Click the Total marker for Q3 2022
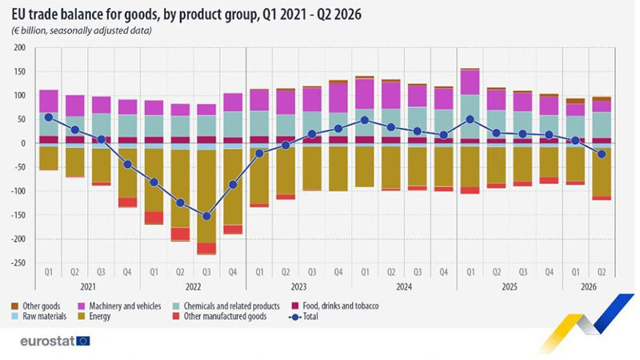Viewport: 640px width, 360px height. coord(206,216)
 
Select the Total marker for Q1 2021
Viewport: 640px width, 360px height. coord(49,117)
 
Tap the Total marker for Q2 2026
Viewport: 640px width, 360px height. coord(602,154)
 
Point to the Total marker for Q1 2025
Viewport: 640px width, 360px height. coord(470,119)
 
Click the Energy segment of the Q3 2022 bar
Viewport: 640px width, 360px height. coord(206,196)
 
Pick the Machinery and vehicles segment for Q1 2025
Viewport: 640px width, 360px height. coord(470,82)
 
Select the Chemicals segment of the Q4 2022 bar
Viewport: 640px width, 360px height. coord(233,124)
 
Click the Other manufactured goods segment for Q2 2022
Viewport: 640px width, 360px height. coord(180,234)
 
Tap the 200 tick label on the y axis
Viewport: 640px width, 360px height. coord(19,48)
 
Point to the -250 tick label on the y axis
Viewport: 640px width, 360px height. coord(18,263)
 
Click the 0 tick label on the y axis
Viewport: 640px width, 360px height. coord(23,143)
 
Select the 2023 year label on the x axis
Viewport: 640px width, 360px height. coord(298,287)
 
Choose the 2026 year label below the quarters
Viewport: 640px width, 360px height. coord(589,287)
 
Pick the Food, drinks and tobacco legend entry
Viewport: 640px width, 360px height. coord(335,306)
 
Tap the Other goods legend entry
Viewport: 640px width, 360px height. coord(35,306)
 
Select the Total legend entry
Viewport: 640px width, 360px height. coord(303,316)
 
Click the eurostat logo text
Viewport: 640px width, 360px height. coord(47,342)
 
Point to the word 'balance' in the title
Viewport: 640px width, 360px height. coord(83,14)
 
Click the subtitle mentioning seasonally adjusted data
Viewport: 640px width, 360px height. coord(81,30)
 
